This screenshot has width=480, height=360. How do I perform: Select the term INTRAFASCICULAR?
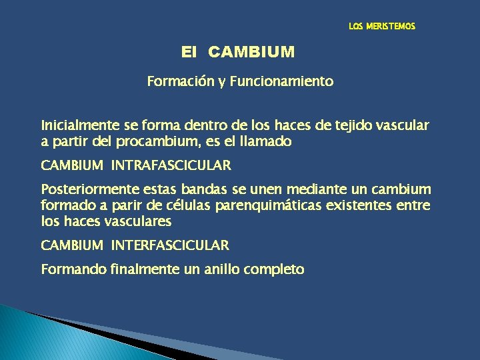pos(171,165)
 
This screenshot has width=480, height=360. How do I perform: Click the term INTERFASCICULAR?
pos(169,245)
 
